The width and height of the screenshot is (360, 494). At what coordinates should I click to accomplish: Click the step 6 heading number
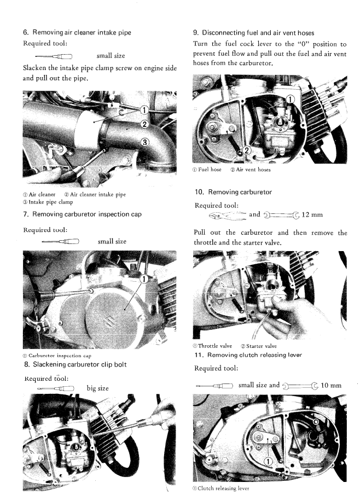click(x=26, y=32)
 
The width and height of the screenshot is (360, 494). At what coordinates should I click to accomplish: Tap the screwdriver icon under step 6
click(x=54, y=57)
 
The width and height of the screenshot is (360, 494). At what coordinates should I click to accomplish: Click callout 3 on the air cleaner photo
click(x=144, y=142)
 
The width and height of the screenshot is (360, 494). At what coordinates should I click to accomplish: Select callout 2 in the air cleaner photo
click(x=144, y=124)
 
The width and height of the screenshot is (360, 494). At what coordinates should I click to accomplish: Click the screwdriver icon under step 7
click(x=60, y=242)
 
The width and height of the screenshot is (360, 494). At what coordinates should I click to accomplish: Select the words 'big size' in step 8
click(x=97, y=388)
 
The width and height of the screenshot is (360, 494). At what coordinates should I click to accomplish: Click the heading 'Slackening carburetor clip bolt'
click(x=80, y=364)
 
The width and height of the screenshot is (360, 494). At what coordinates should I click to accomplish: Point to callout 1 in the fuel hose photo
click(x=290, y=100)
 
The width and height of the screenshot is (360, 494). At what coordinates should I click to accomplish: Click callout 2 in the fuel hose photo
click(x=247, y=150)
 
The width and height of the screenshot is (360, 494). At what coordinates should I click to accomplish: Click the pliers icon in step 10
click(x=228, y=216)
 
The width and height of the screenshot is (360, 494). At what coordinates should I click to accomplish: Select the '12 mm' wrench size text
click(x=312, y=215)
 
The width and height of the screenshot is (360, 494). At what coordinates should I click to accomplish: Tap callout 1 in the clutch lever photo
click(x=268, y=462)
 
